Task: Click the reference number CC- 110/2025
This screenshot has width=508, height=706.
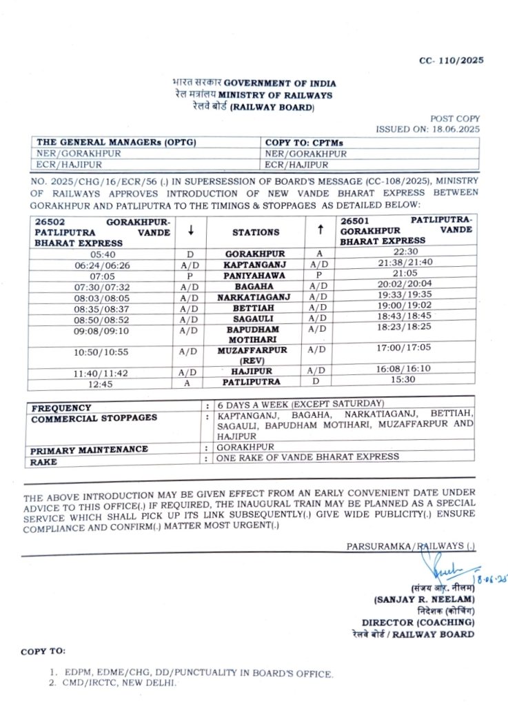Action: [451, 60]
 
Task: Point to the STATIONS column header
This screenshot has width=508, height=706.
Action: [256, 232]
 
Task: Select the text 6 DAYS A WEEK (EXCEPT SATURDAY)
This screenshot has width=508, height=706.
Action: [301, 403]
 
